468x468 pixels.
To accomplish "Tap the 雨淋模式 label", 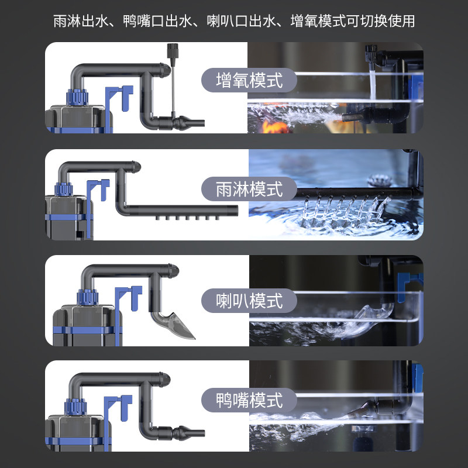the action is click(x=249, y=189).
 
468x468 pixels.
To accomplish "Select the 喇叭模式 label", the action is click(x=249, y=301).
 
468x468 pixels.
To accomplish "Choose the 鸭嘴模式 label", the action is click(x=249, y=400).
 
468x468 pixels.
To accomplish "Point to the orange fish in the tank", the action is click(x=271, y=126).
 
